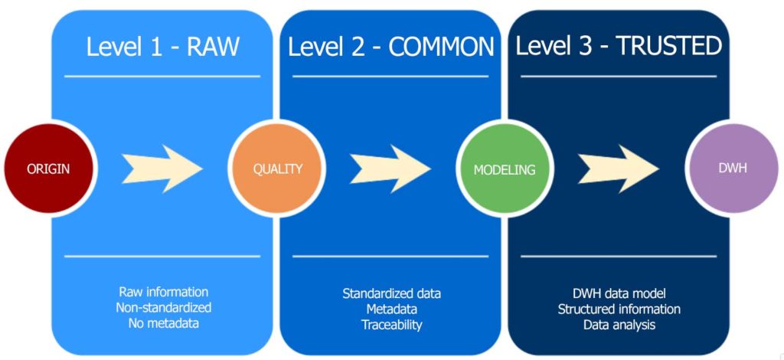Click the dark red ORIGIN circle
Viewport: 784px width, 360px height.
(x=48, y=169)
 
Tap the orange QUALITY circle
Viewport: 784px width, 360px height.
(x=276, y=169)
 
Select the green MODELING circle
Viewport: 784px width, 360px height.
(x=505, y=169)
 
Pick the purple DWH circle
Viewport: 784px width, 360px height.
(x=733, y=169)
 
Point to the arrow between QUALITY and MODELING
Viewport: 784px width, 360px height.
(x=390, y=169)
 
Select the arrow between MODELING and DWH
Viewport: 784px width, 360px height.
(x=619, y=169)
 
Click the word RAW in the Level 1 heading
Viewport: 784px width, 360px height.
(x=213, y=47)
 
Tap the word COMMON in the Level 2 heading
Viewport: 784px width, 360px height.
(x=442, y=47)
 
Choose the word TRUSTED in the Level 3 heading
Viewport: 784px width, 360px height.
(x=669, y=46)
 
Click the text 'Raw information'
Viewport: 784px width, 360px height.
(x=164, y=292)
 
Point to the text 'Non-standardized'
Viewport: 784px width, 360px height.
(x=164, y=307)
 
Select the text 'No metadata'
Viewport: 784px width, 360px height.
(x=164, y=323)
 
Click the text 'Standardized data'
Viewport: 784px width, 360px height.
(x=391, y=293)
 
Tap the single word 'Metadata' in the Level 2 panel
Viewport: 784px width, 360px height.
(x=391, y=309)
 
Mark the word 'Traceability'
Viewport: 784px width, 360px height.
(x=391, y=325)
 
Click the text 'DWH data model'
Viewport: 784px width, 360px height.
(x=619, y=293)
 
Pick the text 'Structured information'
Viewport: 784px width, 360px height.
(x=619, y=309)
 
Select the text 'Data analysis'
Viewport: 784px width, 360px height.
(x=619, y=325)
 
